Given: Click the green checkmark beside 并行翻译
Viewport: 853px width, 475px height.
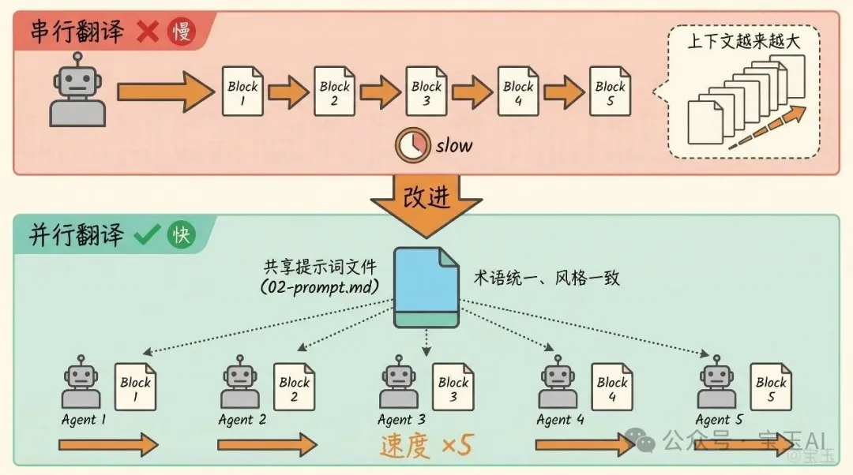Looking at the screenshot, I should click(x=147, y=235).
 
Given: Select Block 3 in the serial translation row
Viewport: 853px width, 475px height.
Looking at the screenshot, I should click(x=426, y=92).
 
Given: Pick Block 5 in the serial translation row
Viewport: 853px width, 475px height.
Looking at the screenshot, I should click(x=610, y=92).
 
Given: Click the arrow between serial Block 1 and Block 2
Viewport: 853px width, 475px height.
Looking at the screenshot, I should click(x=288, y=92).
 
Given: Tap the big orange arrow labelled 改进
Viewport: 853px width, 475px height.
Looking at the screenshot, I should click(x=426, y=201).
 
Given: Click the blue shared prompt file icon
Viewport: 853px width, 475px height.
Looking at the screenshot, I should click(x=426, y=289).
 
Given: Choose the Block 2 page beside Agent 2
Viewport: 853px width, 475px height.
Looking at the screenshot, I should click(x=294, y=387).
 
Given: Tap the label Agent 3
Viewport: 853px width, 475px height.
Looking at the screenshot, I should click(x=401, y=420).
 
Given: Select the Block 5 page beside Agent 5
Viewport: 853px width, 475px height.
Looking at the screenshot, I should click(x=771, y=387).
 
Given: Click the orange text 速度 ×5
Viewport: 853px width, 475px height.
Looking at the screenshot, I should click(x=425, y=447).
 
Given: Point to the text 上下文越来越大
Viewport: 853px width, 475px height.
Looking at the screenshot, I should click(x=743, y=42).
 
